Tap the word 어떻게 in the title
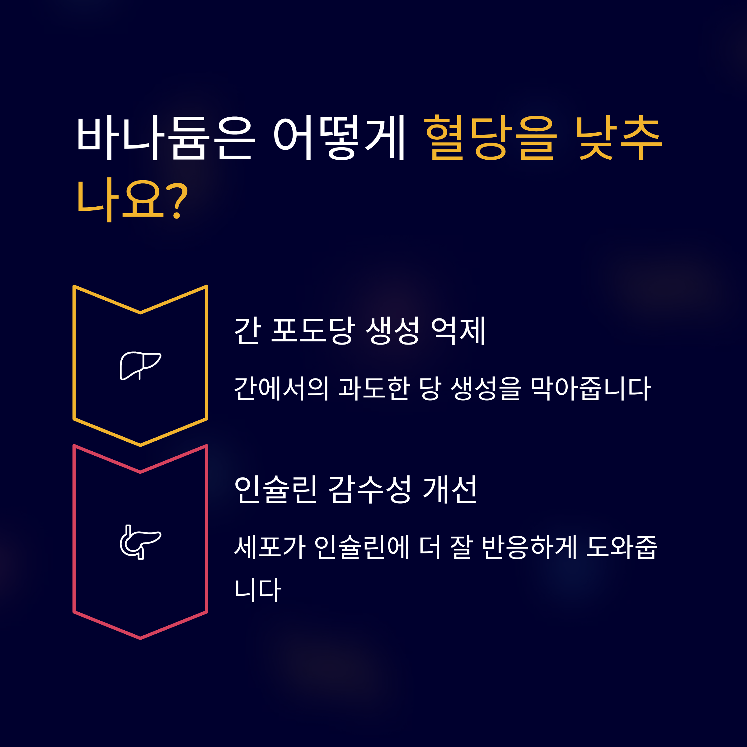coord(339,138)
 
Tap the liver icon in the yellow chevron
coord(140,365)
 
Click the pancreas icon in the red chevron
coord(140,542)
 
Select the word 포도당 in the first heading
coord(312,331)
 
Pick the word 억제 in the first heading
coord(458,331)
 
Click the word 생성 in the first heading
coord(392,331)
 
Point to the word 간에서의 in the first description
coord(281,388)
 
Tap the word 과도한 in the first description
coord(374,388)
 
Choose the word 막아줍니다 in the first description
coord(590,388)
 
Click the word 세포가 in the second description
coord(270,547)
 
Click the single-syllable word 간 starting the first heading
coord(247,331)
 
